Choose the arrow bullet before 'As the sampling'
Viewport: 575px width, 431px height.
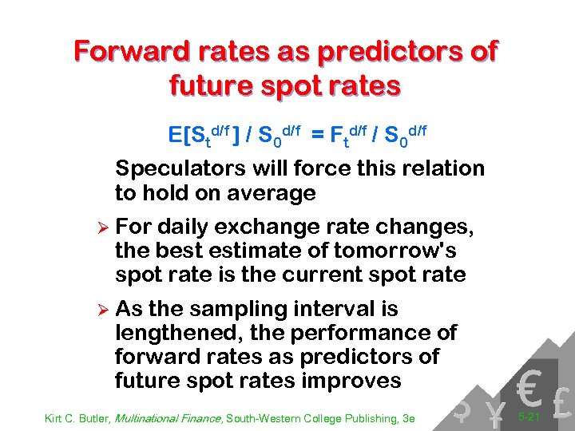pos(100,309)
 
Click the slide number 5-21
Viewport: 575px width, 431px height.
pos(529,417)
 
